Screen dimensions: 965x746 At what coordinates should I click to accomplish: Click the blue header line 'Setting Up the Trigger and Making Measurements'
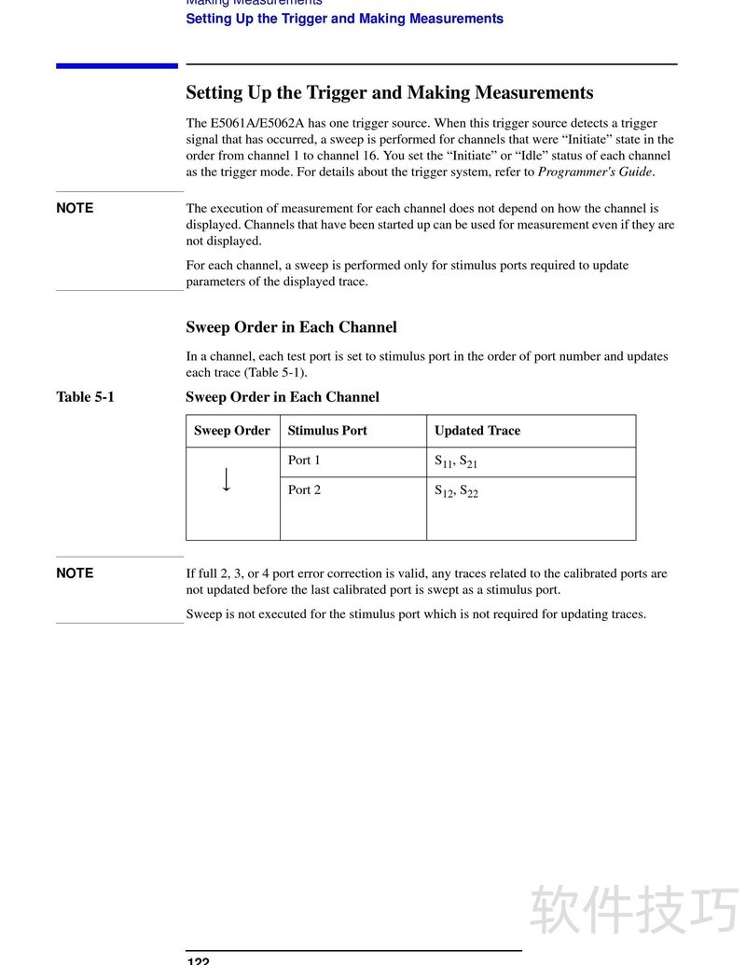pyautogui.click(x=344, y=19)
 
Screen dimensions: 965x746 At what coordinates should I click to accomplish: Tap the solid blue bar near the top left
pyautogui.click(x=117, y=65)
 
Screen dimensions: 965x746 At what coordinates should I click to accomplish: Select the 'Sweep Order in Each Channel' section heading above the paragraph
pyautogui.click(x=291, y=327)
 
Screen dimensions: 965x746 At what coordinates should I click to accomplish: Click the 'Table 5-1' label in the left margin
pyautogui.click(x=86, y=397)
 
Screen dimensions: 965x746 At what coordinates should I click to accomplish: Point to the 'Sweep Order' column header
pyautogui.click(x=232, y=431)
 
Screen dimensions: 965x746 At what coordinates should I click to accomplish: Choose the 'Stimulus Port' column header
pyautogui.click(x=327, y=431)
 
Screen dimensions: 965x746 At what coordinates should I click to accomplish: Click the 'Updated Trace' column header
pyautogui.click(x=477, y=431)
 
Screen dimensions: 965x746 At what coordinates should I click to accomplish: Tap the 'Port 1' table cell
pyautogui.click(x=304, y=461)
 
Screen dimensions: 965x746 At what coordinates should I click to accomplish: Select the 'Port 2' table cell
pyautogui.click(x=304, y=490)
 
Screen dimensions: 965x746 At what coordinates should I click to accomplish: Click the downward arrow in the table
pyautogui.click(x=227, y=479)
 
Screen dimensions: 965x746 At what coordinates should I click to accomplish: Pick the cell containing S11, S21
pyautogui.click(x=456, y=462)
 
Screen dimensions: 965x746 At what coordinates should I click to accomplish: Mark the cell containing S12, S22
pyautogui.click(x=456, y=491)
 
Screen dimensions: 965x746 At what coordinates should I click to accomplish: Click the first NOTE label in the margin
pyautogui.click(x=75, y=209)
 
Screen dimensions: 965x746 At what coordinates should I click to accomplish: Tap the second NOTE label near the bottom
pyautogui.click(x=75, y=573)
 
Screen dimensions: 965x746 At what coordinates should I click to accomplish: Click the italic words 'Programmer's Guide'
pyautogui.click(x=595, y=172)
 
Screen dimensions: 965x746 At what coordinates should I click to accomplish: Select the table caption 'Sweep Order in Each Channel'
pyautogui.click(x=283, y=397)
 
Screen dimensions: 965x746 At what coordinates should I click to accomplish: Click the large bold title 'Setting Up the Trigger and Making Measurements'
pyautogui.click(x=390, y=93)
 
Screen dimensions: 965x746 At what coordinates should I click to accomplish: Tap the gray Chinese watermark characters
pyautogui.click(x=634, y=909)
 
